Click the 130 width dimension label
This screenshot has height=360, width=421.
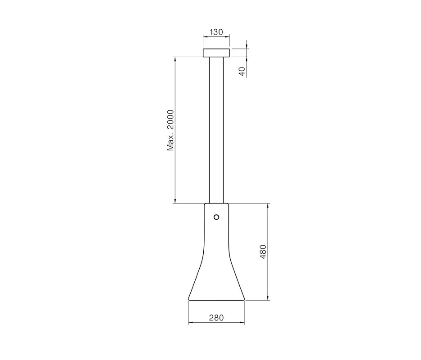[216, 32]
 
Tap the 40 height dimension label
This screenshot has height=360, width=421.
[242, 72]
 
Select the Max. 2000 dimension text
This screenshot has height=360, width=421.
[170, 130]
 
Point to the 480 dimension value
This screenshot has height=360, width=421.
[263, 252]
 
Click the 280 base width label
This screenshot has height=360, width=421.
[216, 318]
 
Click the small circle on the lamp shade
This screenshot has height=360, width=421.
[216, 217]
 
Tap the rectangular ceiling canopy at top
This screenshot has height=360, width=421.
[216, 53]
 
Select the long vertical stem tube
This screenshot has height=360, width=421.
[216, 130]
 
